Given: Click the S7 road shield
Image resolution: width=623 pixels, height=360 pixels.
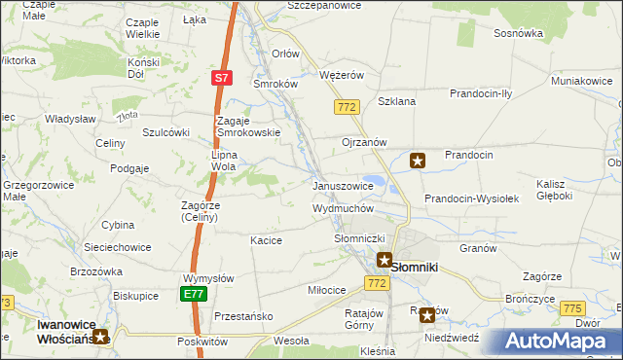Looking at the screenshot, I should click(x=222, y=77).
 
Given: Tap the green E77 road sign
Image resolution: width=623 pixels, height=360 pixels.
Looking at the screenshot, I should click(x=193, y=293).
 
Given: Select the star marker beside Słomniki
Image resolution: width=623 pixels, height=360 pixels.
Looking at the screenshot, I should click(x=385, y=261).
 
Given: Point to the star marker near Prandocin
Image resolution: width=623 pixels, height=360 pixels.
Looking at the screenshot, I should click(x=418, y=162).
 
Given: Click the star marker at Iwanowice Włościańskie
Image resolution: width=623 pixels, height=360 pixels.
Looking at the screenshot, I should click(x=100, y=338).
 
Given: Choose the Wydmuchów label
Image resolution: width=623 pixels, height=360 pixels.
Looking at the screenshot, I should click(x=343, y=208).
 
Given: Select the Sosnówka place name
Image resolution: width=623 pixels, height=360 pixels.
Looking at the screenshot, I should click(x=518, y=33).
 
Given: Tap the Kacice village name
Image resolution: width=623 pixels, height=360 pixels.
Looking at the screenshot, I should click(x=266, y=240).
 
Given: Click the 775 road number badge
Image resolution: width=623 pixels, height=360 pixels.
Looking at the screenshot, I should click(x=572, y=307).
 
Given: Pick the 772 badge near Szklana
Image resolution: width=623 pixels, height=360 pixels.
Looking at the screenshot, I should click(x=346, y=107).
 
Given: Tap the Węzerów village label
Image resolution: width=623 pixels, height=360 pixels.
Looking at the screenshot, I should click(x=341, y=75).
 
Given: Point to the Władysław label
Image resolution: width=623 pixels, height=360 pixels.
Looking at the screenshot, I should click(x=68, y=119).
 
